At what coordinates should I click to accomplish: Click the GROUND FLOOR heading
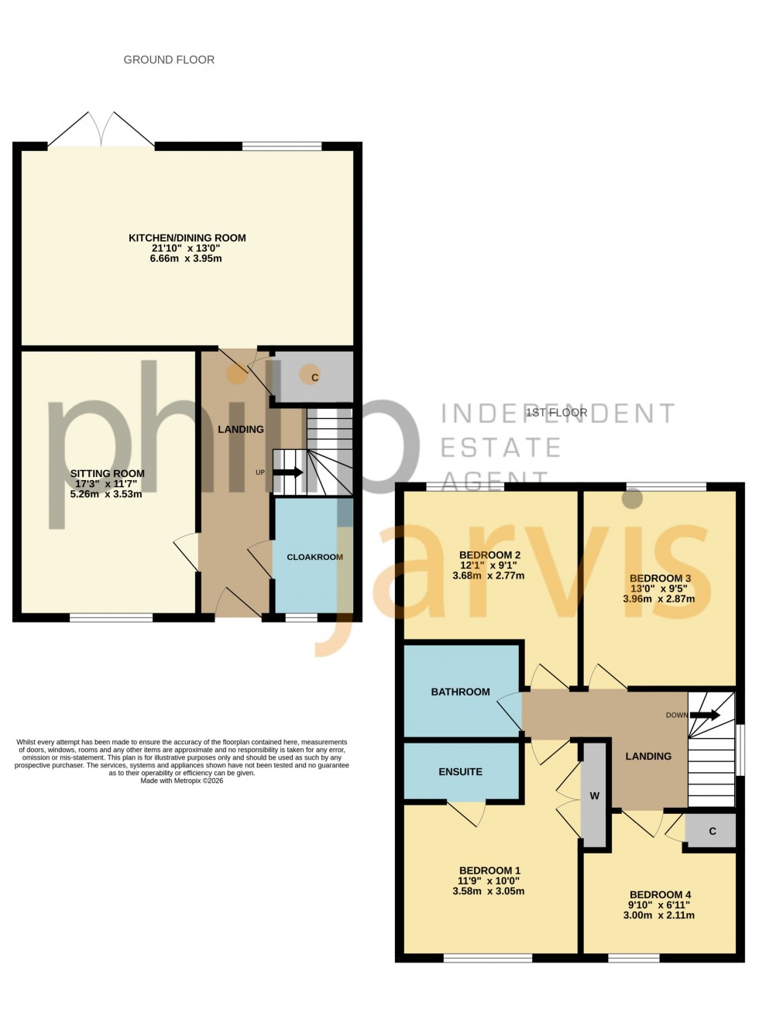coord(169,60)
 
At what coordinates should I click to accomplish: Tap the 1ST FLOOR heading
coord(556,413)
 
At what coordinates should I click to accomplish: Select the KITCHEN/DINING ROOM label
coord(187,238)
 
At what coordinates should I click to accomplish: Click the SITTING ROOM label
coord(107,474)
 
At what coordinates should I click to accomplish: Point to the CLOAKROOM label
coord(314,557)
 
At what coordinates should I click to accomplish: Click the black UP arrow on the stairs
coord(287,472)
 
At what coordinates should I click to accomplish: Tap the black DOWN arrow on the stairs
coord(705,715)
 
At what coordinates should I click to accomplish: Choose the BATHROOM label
coord(460,692)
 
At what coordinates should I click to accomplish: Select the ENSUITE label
coord(460,771)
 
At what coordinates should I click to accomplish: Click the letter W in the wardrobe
coord(594,796)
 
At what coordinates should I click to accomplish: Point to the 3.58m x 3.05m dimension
coord(488,891)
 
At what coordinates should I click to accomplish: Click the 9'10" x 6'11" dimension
coord(658,904)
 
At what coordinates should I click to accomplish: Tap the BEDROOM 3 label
coord(660,578)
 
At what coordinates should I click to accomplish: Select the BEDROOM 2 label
coord(489,554)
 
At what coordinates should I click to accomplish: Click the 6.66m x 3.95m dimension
coord(186,258)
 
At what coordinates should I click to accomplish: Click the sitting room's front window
coord(111,617)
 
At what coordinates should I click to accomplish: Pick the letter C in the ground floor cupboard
coord(314,378)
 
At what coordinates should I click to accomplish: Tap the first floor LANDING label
coord(648,756)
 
